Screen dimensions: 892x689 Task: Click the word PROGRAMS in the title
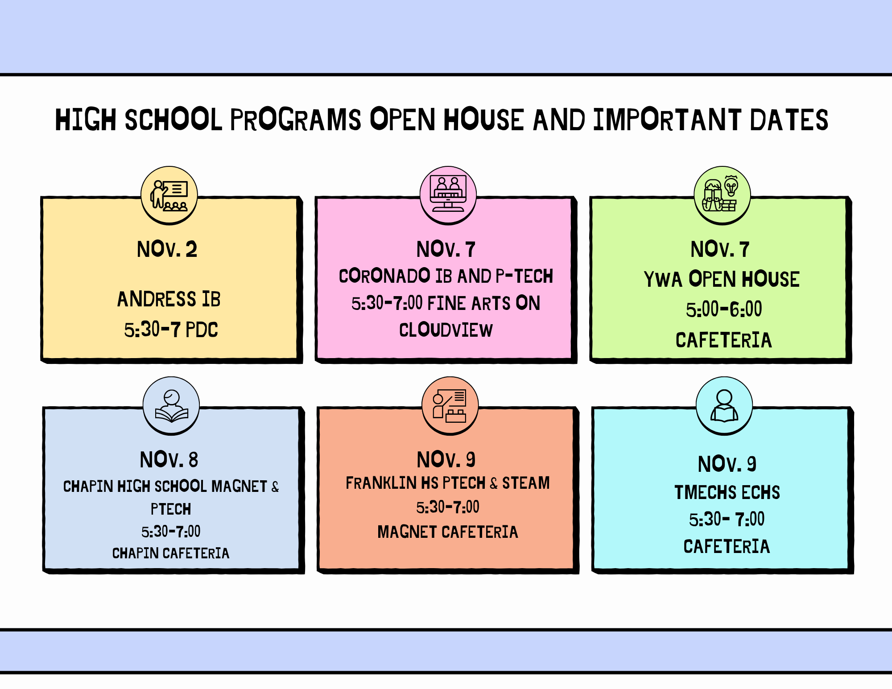coord(295,120)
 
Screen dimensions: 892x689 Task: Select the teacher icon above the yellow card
coord(169,195)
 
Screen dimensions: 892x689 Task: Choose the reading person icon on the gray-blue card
coord(171,405)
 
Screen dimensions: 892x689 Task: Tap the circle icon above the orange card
coord(450,405)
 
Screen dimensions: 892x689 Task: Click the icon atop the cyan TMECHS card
coord(724,405)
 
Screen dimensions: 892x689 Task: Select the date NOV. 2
coord(167,249)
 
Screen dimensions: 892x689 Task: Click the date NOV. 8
coord(169,460)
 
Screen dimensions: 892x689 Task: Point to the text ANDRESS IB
coord(169,299)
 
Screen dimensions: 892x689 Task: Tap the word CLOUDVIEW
coord(446,330)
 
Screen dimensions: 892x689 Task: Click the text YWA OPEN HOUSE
coord(722,280)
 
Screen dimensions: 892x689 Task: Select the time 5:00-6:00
coord(724,309)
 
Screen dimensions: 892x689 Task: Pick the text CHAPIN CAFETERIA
coord(171,553)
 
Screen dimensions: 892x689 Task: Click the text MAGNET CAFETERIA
coord(448,532)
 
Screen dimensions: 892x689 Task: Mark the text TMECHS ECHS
coord(727,493)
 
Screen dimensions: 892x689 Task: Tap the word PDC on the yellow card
coord(202,330)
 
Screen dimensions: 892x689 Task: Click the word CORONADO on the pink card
coord(384,276)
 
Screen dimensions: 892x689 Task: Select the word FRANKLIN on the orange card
coord(381,483)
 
